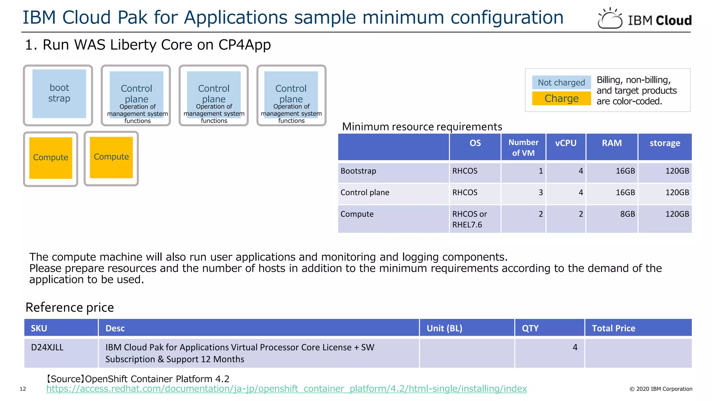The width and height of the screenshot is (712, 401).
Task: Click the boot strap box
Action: [x=59, y=93]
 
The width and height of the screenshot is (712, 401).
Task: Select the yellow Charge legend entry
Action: [x=561, y=99]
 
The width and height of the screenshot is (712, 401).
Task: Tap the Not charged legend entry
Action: [x=561, y=82]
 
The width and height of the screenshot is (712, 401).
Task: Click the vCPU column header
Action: [x=566, y=143]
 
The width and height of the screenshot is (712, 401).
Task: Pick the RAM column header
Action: [x=612, y=143]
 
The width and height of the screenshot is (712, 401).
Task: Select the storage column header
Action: [x=665, y=143]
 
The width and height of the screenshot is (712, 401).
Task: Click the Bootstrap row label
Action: [x=358, y=171]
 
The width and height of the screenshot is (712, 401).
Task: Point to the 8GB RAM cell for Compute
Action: [x=627, y=214]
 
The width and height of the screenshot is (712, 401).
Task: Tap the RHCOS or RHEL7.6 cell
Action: [x=469, y=219]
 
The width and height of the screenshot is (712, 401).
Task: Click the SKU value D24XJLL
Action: [x=47, y=347]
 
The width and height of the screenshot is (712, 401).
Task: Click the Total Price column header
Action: [x=614, y=328]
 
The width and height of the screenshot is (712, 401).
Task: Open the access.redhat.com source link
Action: [x=286, y=389]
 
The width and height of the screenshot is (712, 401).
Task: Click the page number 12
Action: [x=23, y=389]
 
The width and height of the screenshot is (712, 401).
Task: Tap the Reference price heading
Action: [x=70, y=307]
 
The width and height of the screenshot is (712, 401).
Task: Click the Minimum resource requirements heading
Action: [x=422, y=127]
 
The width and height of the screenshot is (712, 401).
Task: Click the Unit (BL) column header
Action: [x=444, y=328]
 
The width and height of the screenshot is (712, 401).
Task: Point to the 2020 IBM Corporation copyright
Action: [x=661, y=389]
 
